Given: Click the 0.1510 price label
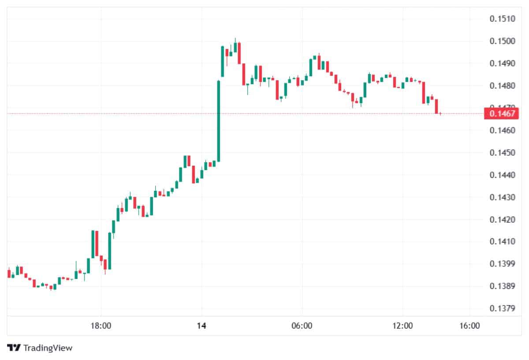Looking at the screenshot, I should pos(502,19).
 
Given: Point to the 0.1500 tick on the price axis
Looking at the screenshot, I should pos(502,41).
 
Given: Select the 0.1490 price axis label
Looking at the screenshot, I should pos(502,63).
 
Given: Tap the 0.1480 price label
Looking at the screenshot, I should pos(502,85).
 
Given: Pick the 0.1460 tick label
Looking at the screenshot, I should pos(502,130).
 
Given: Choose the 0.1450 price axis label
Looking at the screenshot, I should pos(502,153).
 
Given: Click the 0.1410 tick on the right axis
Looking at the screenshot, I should pos(502,241).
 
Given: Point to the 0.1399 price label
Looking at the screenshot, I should pos(502,264).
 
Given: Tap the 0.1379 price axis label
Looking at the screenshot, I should pos(502,308).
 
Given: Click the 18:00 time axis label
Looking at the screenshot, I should pos(101,326).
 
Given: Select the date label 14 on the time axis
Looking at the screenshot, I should pos(201,326).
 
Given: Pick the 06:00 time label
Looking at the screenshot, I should pos(302,326).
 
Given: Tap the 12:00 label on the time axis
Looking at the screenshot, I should pos(403,326).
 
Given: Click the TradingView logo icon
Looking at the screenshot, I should pos(15,348).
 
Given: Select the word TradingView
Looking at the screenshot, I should pos(48,348).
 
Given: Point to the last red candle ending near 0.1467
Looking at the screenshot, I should pos(436,106).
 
